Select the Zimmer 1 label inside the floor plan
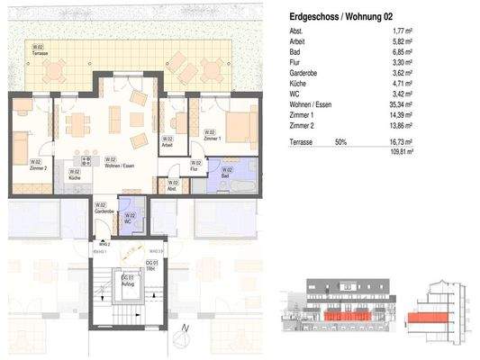(211, 139)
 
